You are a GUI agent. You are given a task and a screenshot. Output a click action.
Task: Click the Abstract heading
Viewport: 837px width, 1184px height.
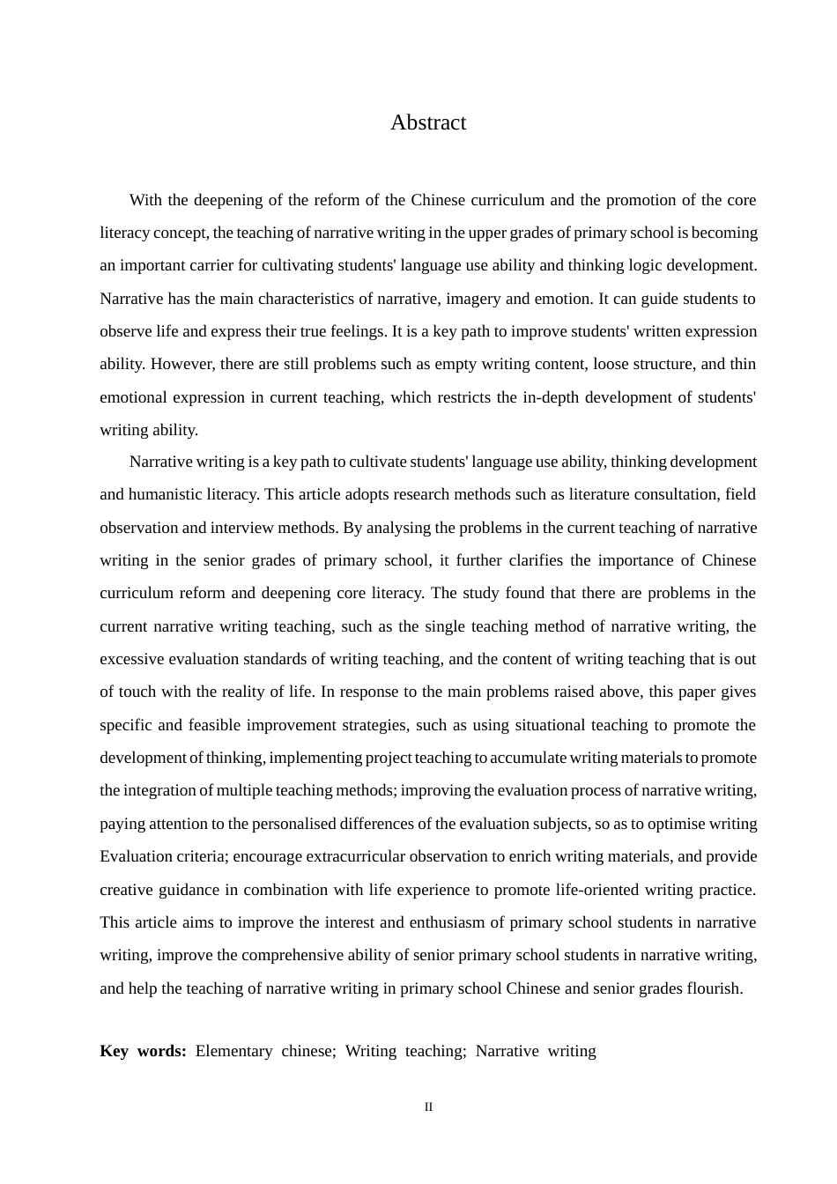428,122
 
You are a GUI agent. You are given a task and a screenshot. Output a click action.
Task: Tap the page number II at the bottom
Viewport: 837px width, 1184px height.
428,1107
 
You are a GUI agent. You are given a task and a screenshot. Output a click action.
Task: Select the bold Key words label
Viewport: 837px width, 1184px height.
143,1051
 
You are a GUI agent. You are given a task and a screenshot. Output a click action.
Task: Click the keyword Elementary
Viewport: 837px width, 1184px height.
233,1051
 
